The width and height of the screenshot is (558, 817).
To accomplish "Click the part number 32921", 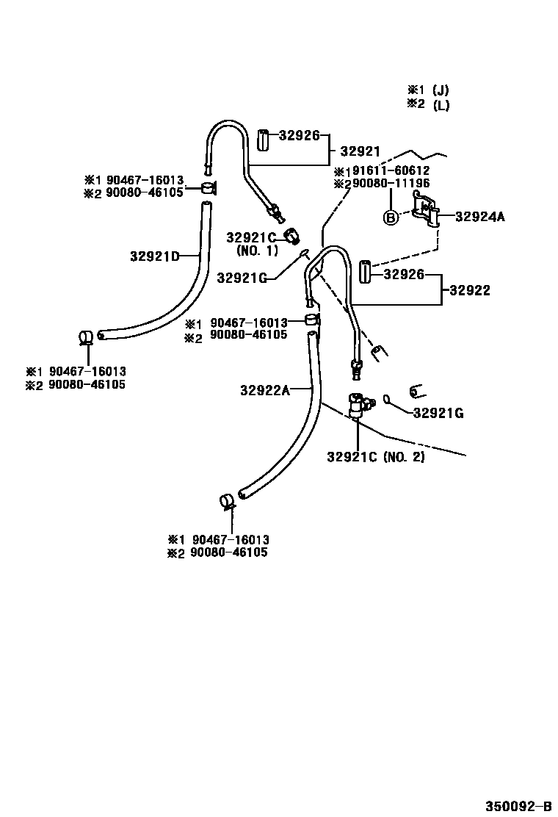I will tap(360, 152).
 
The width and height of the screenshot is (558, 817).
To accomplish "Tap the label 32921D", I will tap(155, 256).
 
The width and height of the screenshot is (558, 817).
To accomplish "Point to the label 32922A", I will tap(265, 390).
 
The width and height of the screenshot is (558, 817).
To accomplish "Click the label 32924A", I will tap(480, 217).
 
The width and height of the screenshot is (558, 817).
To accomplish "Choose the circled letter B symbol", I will tap(391, 217).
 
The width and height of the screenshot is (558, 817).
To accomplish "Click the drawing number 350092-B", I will tap(517, 804).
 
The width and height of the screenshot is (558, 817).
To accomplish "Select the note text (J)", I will tap(441, 90).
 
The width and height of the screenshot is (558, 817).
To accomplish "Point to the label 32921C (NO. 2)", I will tap(376, 457).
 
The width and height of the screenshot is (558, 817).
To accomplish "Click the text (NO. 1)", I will tap(258, 251).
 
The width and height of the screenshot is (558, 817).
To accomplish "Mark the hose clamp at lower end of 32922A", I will tap(227, 503).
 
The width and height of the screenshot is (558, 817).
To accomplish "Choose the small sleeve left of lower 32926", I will tap(366, 272).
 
